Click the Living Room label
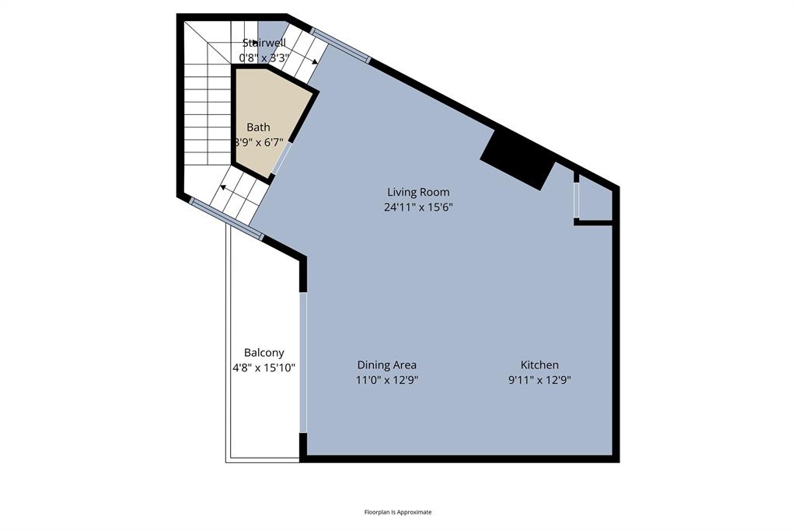[x=418, y=192]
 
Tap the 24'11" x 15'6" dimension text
[x=418, y=207]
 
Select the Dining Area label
[x=386, y=364]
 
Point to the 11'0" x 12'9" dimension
[x=386, y=380]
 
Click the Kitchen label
[x=539, y=364]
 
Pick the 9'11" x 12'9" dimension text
[x=539, y=380]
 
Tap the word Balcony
[x=264, y=352]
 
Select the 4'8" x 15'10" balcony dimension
[x=264, y=368]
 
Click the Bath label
[x=258, y=127]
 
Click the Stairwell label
[x=264, y=43]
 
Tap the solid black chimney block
[x=517, y=160]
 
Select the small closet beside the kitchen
[x=596, y=203]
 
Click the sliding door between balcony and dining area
[x=303, y=361]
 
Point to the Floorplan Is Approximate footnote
[x=397, y=512]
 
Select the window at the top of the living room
[x=340, y=45]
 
